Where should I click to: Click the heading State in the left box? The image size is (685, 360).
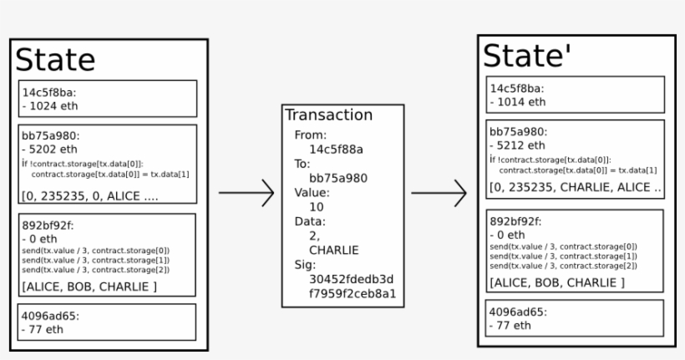click(55, 60)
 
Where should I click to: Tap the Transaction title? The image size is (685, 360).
click(328, 115)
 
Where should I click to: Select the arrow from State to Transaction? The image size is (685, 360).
click(246, 193)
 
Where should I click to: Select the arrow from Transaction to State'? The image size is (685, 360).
click(439, 193)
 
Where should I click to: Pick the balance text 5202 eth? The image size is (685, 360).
click(48, 150)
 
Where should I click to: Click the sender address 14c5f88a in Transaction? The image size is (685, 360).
click(336, 149)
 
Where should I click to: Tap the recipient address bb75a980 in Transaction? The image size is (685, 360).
click(338, 178)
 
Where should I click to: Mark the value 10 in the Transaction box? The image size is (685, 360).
click(316, 206)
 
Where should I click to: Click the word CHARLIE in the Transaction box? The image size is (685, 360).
click(333, 250)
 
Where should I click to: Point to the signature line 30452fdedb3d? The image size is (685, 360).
click(351, 279)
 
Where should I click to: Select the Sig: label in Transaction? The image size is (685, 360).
click(306, 264)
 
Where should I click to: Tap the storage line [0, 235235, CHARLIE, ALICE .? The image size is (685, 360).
click(575, 188)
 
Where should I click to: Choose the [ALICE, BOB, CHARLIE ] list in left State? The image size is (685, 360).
click(89, 286)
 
